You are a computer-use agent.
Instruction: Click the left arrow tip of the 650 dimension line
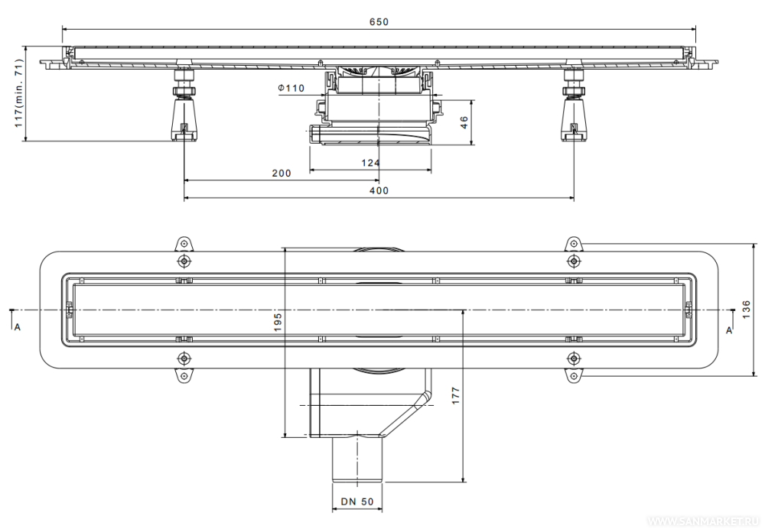(x=63, y=29)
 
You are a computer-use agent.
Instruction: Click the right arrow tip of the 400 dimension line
(x=574, y=198)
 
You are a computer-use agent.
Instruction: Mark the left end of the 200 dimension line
(x=184, y=180)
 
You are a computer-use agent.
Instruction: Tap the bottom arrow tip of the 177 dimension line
(x=463, y=482)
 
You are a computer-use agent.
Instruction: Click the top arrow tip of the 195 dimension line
(x=285, y=247)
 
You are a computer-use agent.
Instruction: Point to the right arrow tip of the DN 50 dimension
(x=382, y=511)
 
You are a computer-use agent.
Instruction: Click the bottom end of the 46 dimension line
(x=471, y=144)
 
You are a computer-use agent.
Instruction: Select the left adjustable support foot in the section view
(x=184, y=106)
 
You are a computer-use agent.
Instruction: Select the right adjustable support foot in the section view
(x=574, y=106)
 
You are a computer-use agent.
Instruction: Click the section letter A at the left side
(x=18, y=327)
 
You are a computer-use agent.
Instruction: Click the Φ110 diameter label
(x=291, y=88)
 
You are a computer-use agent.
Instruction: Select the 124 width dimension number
(x=370, y=163)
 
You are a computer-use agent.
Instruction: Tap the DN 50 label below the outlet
(x=357, y=501)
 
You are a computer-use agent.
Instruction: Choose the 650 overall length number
(x=379, y=22)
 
